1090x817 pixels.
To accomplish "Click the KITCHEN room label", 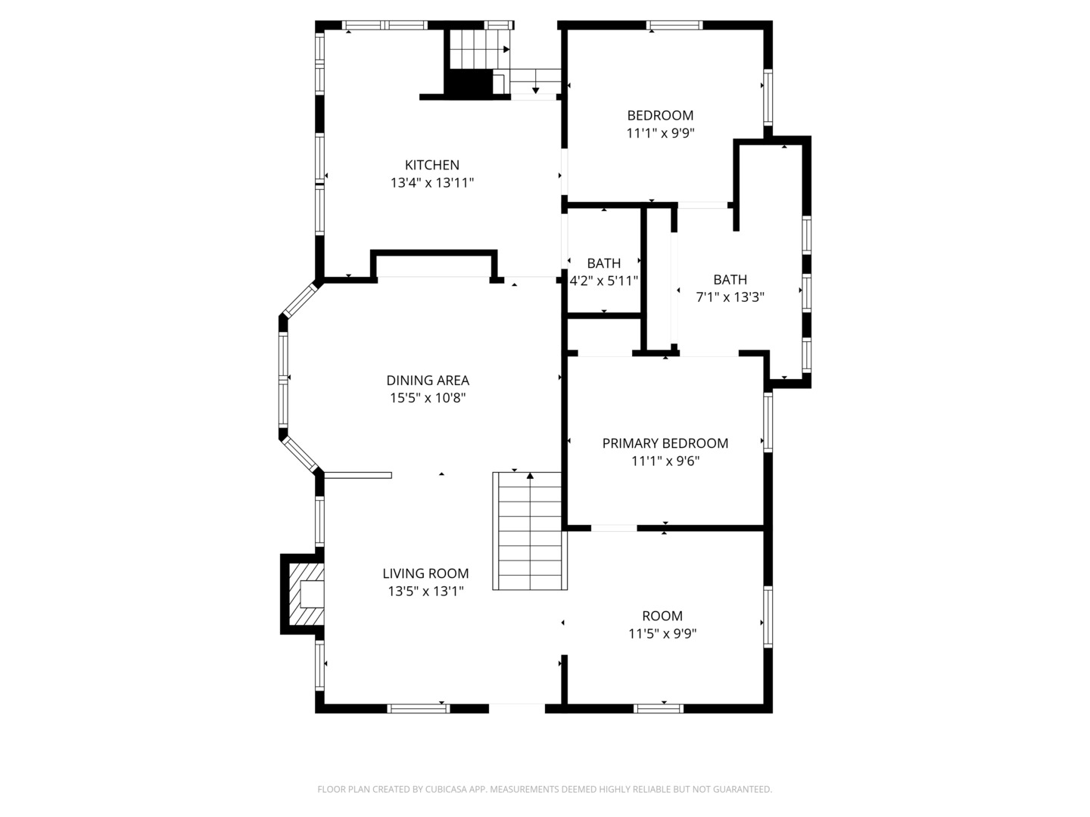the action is tap(431, 165).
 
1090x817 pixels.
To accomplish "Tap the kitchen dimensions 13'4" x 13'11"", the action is tap(431, 182).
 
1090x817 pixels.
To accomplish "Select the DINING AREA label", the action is tap(428, 381).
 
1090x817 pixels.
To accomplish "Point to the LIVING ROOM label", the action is tap(425, 573).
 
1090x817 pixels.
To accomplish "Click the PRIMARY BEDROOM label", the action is tap(665, 443).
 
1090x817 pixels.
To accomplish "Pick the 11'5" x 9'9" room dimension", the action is tap(662, 633).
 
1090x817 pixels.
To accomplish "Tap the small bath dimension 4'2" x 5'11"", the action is tap(603, 281).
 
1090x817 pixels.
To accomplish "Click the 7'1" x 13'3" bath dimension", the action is tap(730, 297).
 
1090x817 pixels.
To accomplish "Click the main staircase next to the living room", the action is tap(529, 531).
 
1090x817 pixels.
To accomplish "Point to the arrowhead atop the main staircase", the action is tap(530, 476).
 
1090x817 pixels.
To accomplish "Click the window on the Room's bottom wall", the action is tap(659, 709).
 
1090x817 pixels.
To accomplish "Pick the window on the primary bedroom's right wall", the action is tap(768, 422).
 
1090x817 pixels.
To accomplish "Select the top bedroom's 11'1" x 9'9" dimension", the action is tap(660, 133).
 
